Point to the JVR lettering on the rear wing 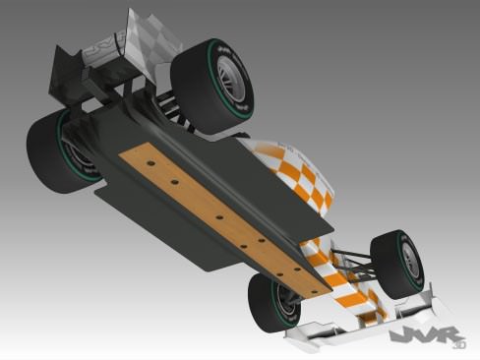(x=102, y=48)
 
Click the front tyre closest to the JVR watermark (x=397, y=263)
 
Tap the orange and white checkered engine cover (x=295, y=173)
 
